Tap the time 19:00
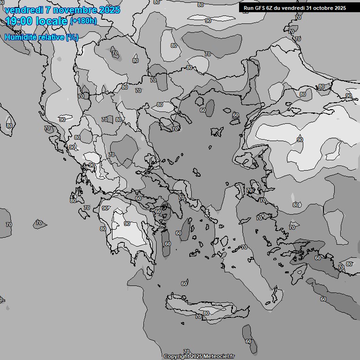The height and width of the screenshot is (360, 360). tap(19, 21)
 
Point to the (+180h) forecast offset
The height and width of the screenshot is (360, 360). tap(83, 21)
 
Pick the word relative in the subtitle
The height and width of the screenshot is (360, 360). tap(49, 37)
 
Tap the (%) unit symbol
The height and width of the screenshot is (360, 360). tap(72, 37)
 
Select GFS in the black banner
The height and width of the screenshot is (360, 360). tap(259, 8)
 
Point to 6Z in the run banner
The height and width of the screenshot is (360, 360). tap(269, 8)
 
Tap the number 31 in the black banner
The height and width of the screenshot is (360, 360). tap(309, 8)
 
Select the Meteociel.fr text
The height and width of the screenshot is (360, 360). tap(218, 357)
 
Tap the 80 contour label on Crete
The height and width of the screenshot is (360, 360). tap(206, 314)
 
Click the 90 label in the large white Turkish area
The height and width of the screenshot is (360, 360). tap(300, 140)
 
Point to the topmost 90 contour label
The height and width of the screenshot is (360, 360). tap(208, 21)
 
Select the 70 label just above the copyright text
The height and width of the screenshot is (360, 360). tap(187, 352)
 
